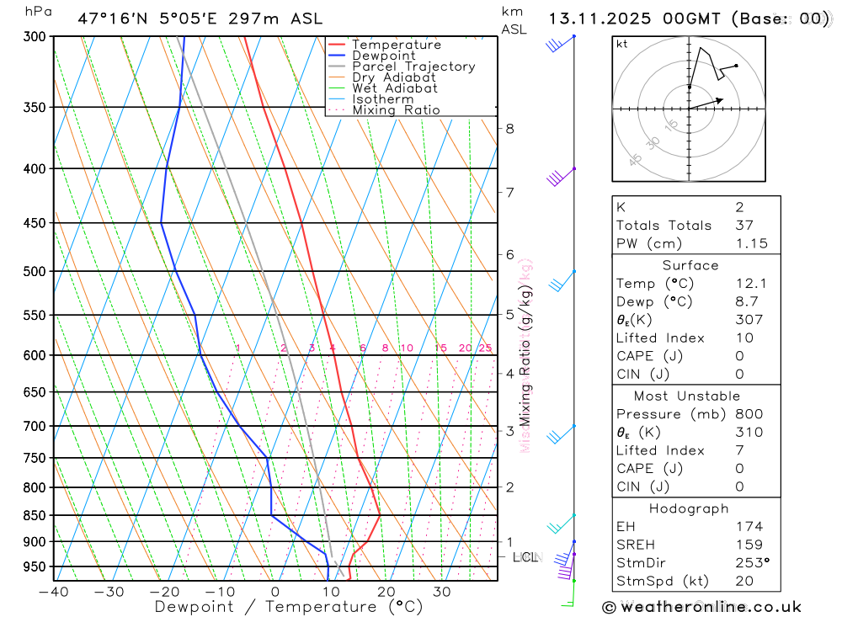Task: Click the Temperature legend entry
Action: click(x=396, y=45)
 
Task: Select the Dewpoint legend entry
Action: click(x=383, y=56)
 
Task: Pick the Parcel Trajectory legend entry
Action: click(x=413, y=66)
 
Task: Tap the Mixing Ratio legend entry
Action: click(x=396, y=110)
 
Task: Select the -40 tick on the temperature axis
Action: click(x=54, y=591)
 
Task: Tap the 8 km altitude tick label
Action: click(x=509, y=129)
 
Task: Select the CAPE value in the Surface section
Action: click(x=739, y=356)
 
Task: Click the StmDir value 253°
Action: click(x=751, y=563)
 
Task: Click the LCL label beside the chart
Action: click(x=526, y=557)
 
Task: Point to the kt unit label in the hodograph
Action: click(x=622, y=44)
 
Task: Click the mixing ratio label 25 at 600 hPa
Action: click(x=485, y=348)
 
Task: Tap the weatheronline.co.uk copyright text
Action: click(x=701, y=607)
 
